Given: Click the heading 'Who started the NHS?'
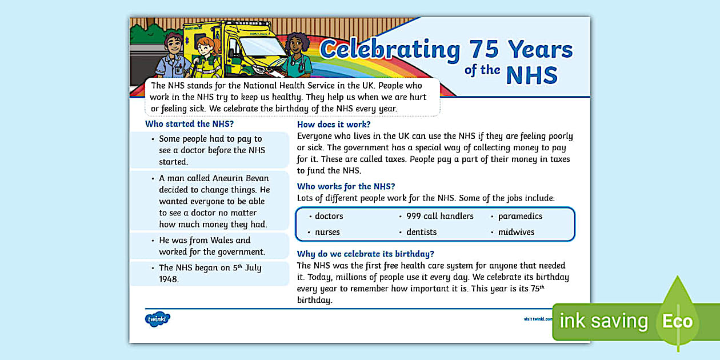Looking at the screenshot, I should (189, 123).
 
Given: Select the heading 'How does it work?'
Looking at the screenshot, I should (334, 124).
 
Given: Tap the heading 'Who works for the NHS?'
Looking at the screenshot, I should (346, 186).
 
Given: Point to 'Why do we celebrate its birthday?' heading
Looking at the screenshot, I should (366, 254).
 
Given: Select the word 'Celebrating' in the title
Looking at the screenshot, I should (390, 50).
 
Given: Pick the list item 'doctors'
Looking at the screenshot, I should (329, 216).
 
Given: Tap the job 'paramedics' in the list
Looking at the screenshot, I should (520, 216).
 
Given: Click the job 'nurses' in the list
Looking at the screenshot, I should (327, 232).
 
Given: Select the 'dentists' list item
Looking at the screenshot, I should (421, 232).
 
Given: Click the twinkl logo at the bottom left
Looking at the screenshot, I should (158, 319).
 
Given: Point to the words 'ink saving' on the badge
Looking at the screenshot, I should (603, 321).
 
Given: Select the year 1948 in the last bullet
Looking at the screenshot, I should (169, 279).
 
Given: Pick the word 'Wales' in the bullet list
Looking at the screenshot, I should (219, 240).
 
